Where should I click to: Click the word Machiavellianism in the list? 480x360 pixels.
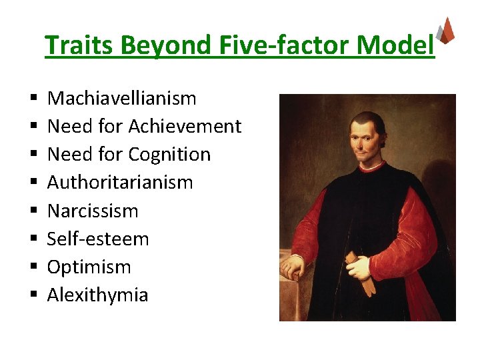tap(122, 99)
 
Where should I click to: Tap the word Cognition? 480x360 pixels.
tap(169, 155)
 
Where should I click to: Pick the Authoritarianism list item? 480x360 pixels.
tap(120, 183)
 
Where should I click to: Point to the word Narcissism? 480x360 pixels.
tap(93, 211)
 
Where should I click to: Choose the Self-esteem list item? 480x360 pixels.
tap(98, 239)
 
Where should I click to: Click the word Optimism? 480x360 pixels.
tap(89, 267)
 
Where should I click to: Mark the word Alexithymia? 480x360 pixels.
tap(97, 295)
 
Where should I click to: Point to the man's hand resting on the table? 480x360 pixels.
tap(293, 269)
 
